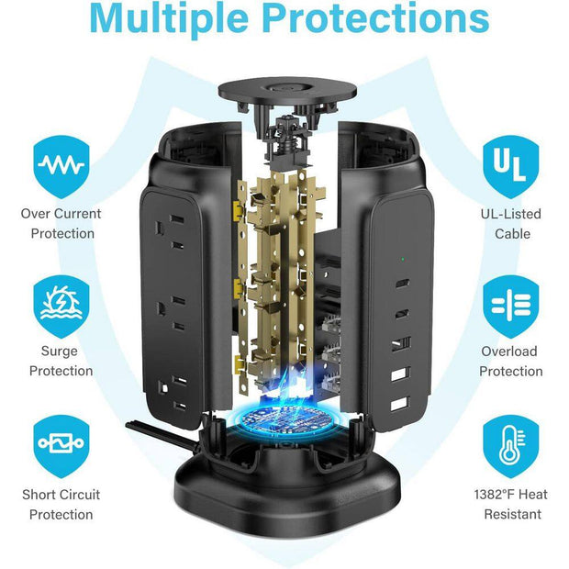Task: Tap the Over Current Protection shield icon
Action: pos(61,167)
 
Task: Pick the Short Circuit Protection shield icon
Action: pos(61,446)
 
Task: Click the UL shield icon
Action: pos(510,167)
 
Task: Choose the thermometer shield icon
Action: pos(510,446)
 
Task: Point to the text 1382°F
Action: pos(496,495)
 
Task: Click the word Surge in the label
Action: pos(59,351)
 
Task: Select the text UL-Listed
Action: pos(510,214)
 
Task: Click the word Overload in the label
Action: pos(509,351)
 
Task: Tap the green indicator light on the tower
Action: pos(403,260)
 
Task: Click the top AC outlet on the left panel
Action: pos(170,232)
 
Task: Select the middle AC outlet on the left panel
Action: pos(170,313)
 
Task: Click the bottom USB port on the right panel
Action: pos(400,404)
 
